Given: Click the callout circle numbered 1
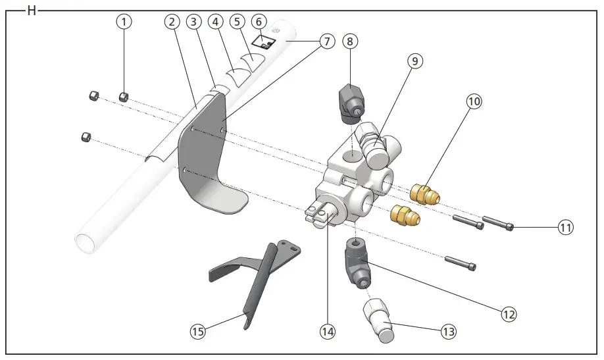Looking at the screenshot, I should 124,21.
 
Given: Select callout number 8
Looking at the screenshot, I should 350,41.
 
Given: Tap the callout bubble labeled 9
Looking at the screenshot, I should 414,61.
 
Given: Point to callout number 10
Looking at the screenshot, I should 474,101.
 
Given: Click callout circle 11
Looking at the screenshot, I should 566,228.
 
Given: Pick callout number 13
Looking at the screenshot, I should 449,332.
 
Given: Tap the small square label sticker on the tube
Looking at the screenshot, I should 265,43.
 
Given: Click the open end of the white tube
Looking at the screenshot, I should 87,240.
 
